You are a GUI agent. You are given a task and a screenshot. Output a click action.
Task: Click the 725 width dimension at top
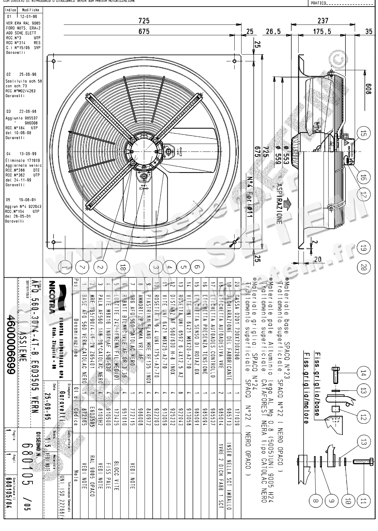point(144,21)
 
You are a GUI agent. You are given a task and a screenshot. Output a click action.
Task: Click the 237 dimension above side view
point(323,21)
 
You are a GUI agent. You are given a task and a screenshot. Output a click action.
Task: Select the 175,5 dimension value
point(322,32)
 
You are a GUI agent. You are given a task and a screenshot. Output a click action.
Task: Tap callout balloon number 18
point(123,267)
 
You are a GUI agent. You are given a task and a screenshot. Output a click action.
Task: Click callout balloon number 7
point(83,267)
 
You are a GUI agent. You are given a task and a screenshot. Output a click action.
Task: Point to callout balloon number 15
point(363,134)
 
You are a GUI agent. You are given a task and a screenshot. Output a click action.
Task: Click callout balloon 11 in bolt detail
point(363,501)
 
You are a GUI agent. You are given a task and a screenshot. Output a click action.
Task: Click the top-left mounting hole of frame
point(54,61)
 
